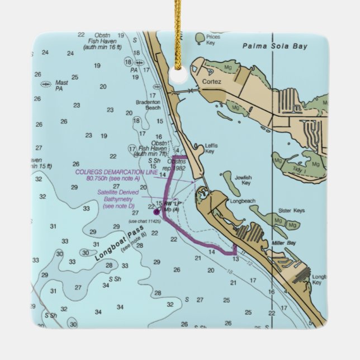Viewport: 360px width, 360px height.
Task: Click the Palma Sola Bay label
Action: pos(275,47)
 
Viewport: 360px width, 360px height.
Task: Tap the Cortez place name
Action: pos(212,82)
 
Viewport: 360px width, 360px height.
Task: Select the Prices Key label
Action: pos(213,39)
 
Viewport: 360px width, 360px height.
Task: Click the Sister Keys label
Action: pos(291,211)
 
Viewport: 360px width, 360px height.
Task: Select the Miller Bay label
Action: pos(283,243)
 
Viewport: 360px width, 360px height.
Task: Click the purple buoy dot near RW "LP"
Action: pos(156,212)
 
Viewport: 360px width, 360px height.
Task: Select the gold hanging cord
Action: pos(178,28)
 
